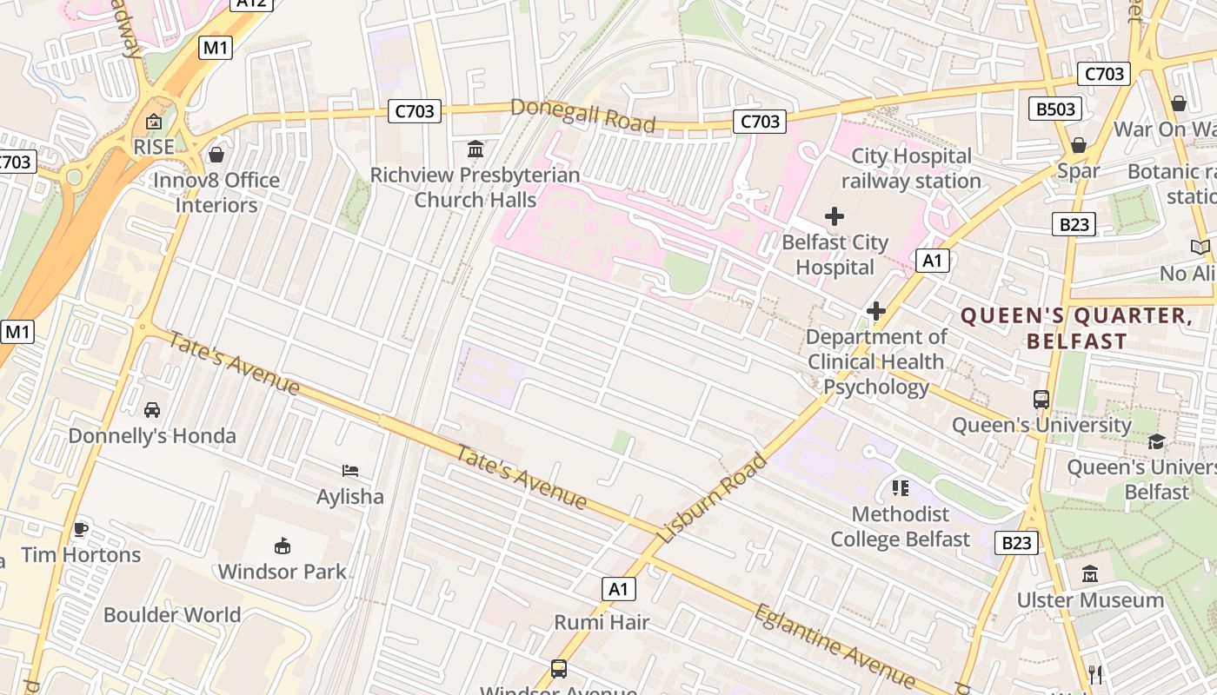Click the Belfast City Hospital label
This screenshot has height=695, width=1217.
pos(835,255)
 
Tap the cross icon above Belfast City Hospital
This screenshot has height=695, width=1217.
pos(835,216)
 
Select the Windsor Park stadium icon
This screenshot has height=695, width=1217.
pos(283,546)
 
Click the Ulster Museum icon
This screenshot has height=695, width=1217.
pos(1090,574)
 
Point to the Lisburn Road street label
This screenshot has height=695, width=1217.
pos(713,499)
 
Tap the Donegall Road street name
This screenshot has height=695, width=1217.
pos(582,116)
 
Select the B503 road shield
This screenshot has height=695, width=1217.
pos(1055,109)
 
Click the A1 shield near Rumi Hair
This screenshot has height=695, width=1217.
pos(618,589)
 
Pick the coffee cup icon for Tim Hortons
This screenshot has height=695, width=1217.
pos(81,529)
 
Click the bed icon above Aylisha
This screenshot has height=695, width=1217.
pos(350,472)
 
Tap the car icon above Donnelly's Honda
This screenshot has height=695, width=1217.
pos(152,410)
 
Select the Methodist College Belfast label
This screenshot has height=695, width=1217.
pos(900,526)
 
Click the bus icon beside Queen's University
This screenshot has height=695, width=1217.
pos(1041,400)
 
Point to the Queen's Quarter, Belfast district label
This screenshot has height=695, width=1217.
pos(1076,328)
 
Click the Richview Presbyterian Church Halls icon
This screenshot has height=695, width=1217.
pos(475,149)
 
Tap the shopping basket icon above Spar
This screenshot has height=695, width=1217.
pos(1079,145)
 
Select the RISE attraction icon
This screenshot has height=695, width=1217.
pos(154,122)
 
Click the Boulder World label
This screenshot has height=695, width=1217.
pos(172,615)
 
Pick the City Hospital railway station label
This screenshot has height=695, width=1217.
pos(911,169)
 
